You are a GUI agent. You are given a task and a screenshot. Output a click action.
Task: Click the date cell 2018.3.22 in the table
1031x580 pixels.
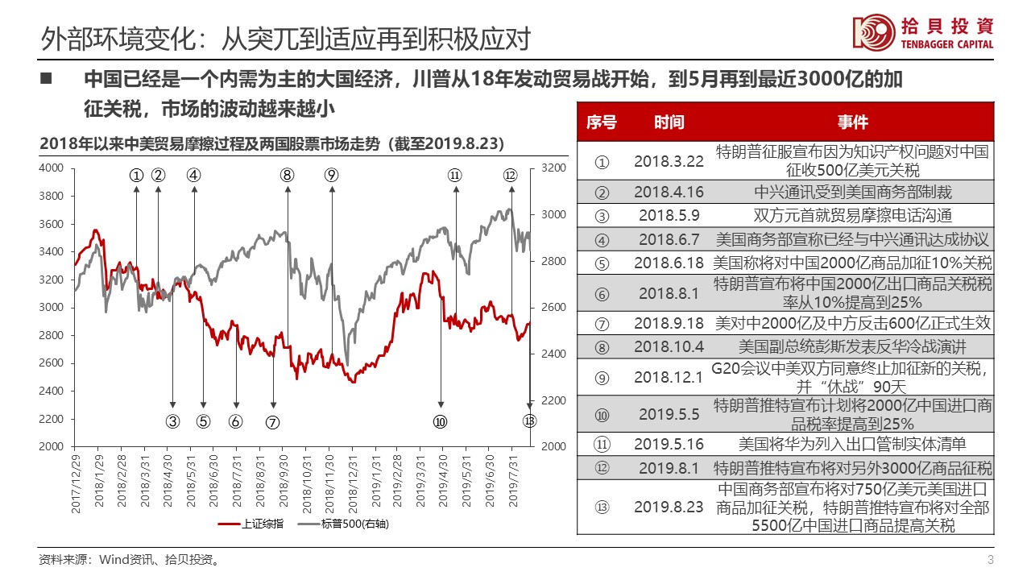click(x=669, y=161)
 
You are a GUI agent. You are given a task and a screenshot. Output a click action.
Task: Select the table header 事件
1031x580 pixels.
click(x=852, y=122)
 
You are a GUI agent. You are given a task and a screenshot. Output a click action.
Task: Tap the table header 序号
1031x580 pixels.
click(x=601, y=122)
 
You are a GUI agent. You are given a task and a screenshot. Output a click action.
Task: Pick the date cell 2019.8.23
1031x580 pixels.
click(x=669, y=507)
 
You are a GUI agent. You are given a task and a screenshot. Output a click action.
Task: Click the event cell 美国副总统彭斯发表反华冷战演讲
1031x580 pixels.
click(x=852, y=347)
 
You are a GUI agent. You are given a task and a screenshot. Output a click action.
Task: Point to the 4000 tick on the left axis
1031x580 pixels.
click(x=52, y=168)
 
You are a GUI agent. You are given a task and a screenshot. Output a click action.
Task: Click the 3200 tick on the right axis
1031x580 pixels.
click(x=554, y=168)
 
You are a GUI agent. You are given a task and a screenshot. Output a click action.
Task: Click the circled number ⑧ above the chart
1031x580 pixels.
click(x=288, y=175)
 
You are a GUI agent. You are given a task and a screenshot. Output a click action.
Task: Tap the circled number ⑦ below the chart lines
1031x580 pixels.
click(x=273, y=420)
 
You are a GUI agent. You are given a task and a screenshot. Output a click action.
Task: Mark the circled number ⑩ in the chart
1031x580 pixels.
click(x=440, y=420)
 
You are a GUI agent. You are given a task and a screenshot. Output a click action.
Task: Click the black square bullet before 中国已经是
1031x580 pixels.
click(x=46, y=80)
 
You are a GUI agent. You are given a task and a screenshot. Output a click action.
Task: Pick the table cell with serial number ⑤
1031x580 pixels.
click(x=601, y=263)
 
